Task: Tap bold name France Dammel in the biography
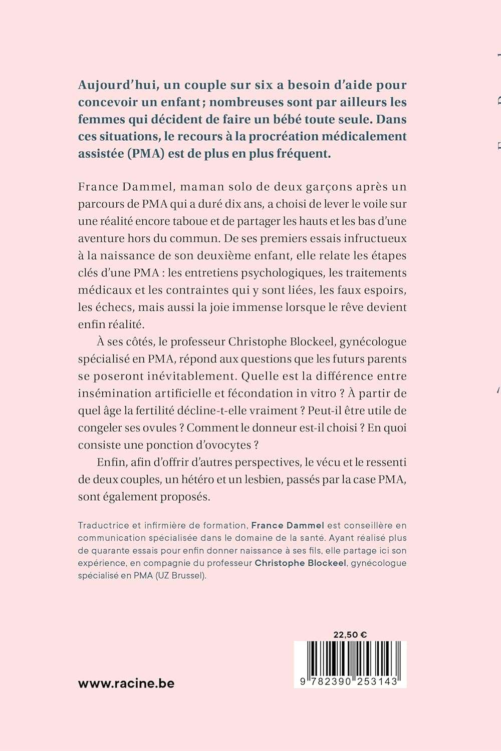[x=288, y=525]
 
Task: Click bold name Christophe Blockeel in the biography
[x=300, y=563]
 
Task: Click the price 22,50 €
[x=350, y=635]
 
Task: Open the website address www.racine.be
[x=126, y=683]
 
